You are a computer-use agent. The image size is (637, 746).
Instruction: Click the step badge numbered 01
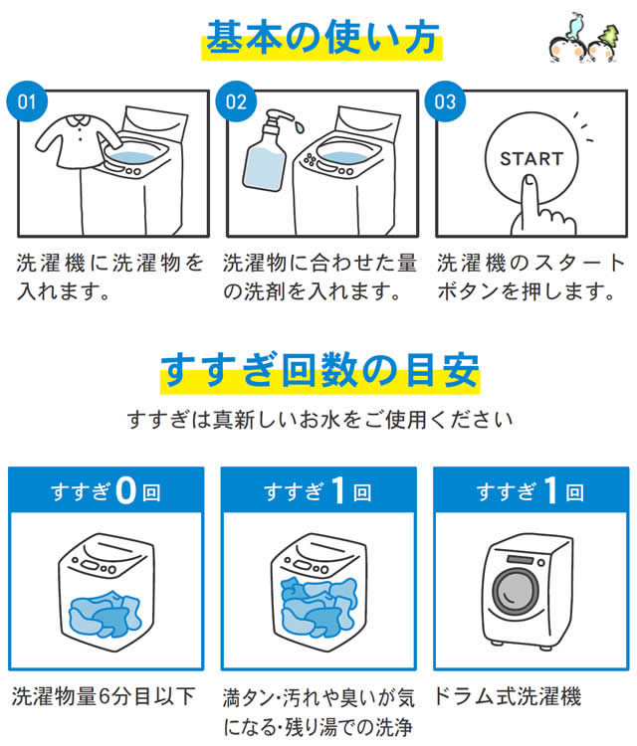click(27, 101)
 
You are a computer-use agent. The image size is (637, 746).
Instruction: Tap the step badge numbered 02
click(236, 101)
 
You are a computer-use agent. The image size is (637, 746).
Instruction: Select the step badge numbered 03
click(445, 101)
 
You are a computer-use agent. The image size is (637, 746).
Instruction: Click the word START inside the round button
click(531, 158)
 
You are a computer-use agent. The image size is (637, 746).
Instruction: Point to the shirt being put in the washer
click(77, 140)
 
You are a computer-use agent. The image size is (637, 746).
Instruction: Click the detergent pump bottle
click(267, 150)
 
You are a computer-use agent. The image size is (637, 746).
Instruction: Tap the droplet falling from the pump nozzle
click(299, 127)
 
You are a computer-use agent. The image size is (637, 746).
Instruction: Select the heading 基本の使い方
click(321, 38)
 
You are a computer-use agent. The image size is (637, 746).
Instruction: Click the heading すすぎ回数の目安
click(319, 371)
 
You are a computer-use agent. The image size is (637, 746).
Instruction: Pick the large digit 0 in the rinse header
click(125, 490)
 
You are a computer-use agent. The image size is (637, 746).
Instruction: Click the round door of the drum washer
click(516, 592)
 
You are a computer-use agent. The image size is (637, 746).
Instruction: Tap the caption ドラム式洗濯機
click(508, 696)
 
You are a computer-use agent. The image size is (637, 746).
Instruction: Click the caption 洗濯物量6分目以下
click(104, 696)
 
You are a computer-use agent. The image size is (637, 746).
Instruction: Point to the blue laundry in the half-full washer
click(106, 614)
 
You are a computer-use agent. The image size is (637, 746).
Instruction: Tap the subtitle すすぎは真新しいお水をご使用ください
click(319, 420)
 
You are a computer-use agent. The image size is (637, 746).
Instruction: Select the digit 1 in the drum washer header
click(550, 490)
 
